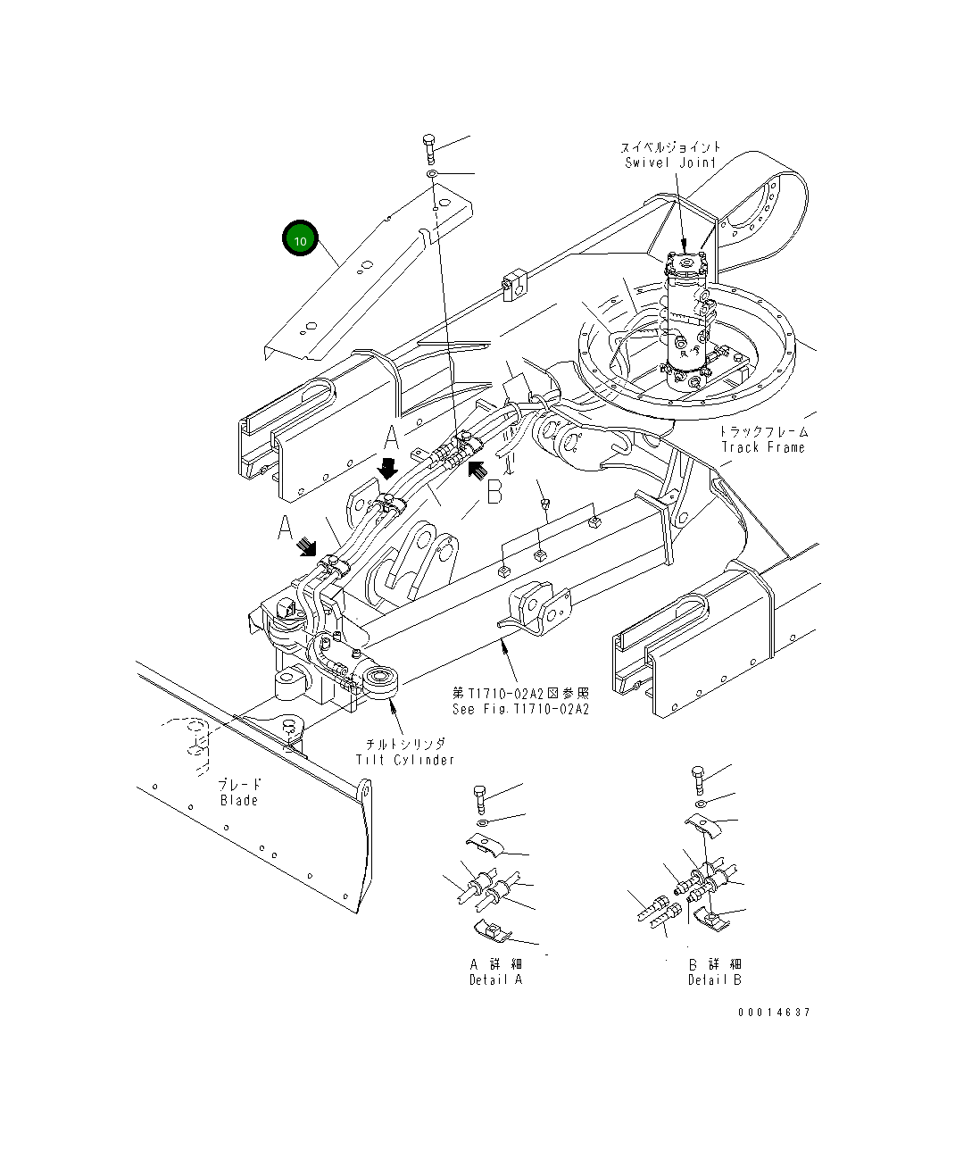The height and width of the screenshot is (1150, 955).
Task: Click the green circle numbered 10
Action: coord(300,239)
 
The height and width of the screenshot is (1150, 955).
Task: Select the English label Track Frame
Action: coord(763,447)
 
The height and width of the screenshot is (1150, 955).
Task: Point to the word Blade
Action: coord(239,801)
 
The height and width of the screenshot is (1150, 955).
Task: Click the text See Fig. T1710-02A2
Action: coord(520,709)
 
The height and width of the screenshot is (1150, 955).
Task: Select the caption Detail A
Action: coord(495,979)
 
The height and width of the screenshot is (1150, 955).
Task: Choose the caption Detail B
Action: coord(714,979)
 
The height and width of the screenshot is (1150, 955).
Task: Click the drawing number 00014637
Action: coord(774,1012)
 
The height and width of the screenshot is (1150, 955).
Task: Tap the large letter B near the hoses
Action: coord(494,493)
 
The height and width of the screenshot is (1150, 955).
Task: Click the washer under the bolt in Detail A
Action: coord(482,821)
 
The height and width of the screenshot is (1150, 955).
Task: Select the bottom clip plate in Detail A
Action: coord(493,930)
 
